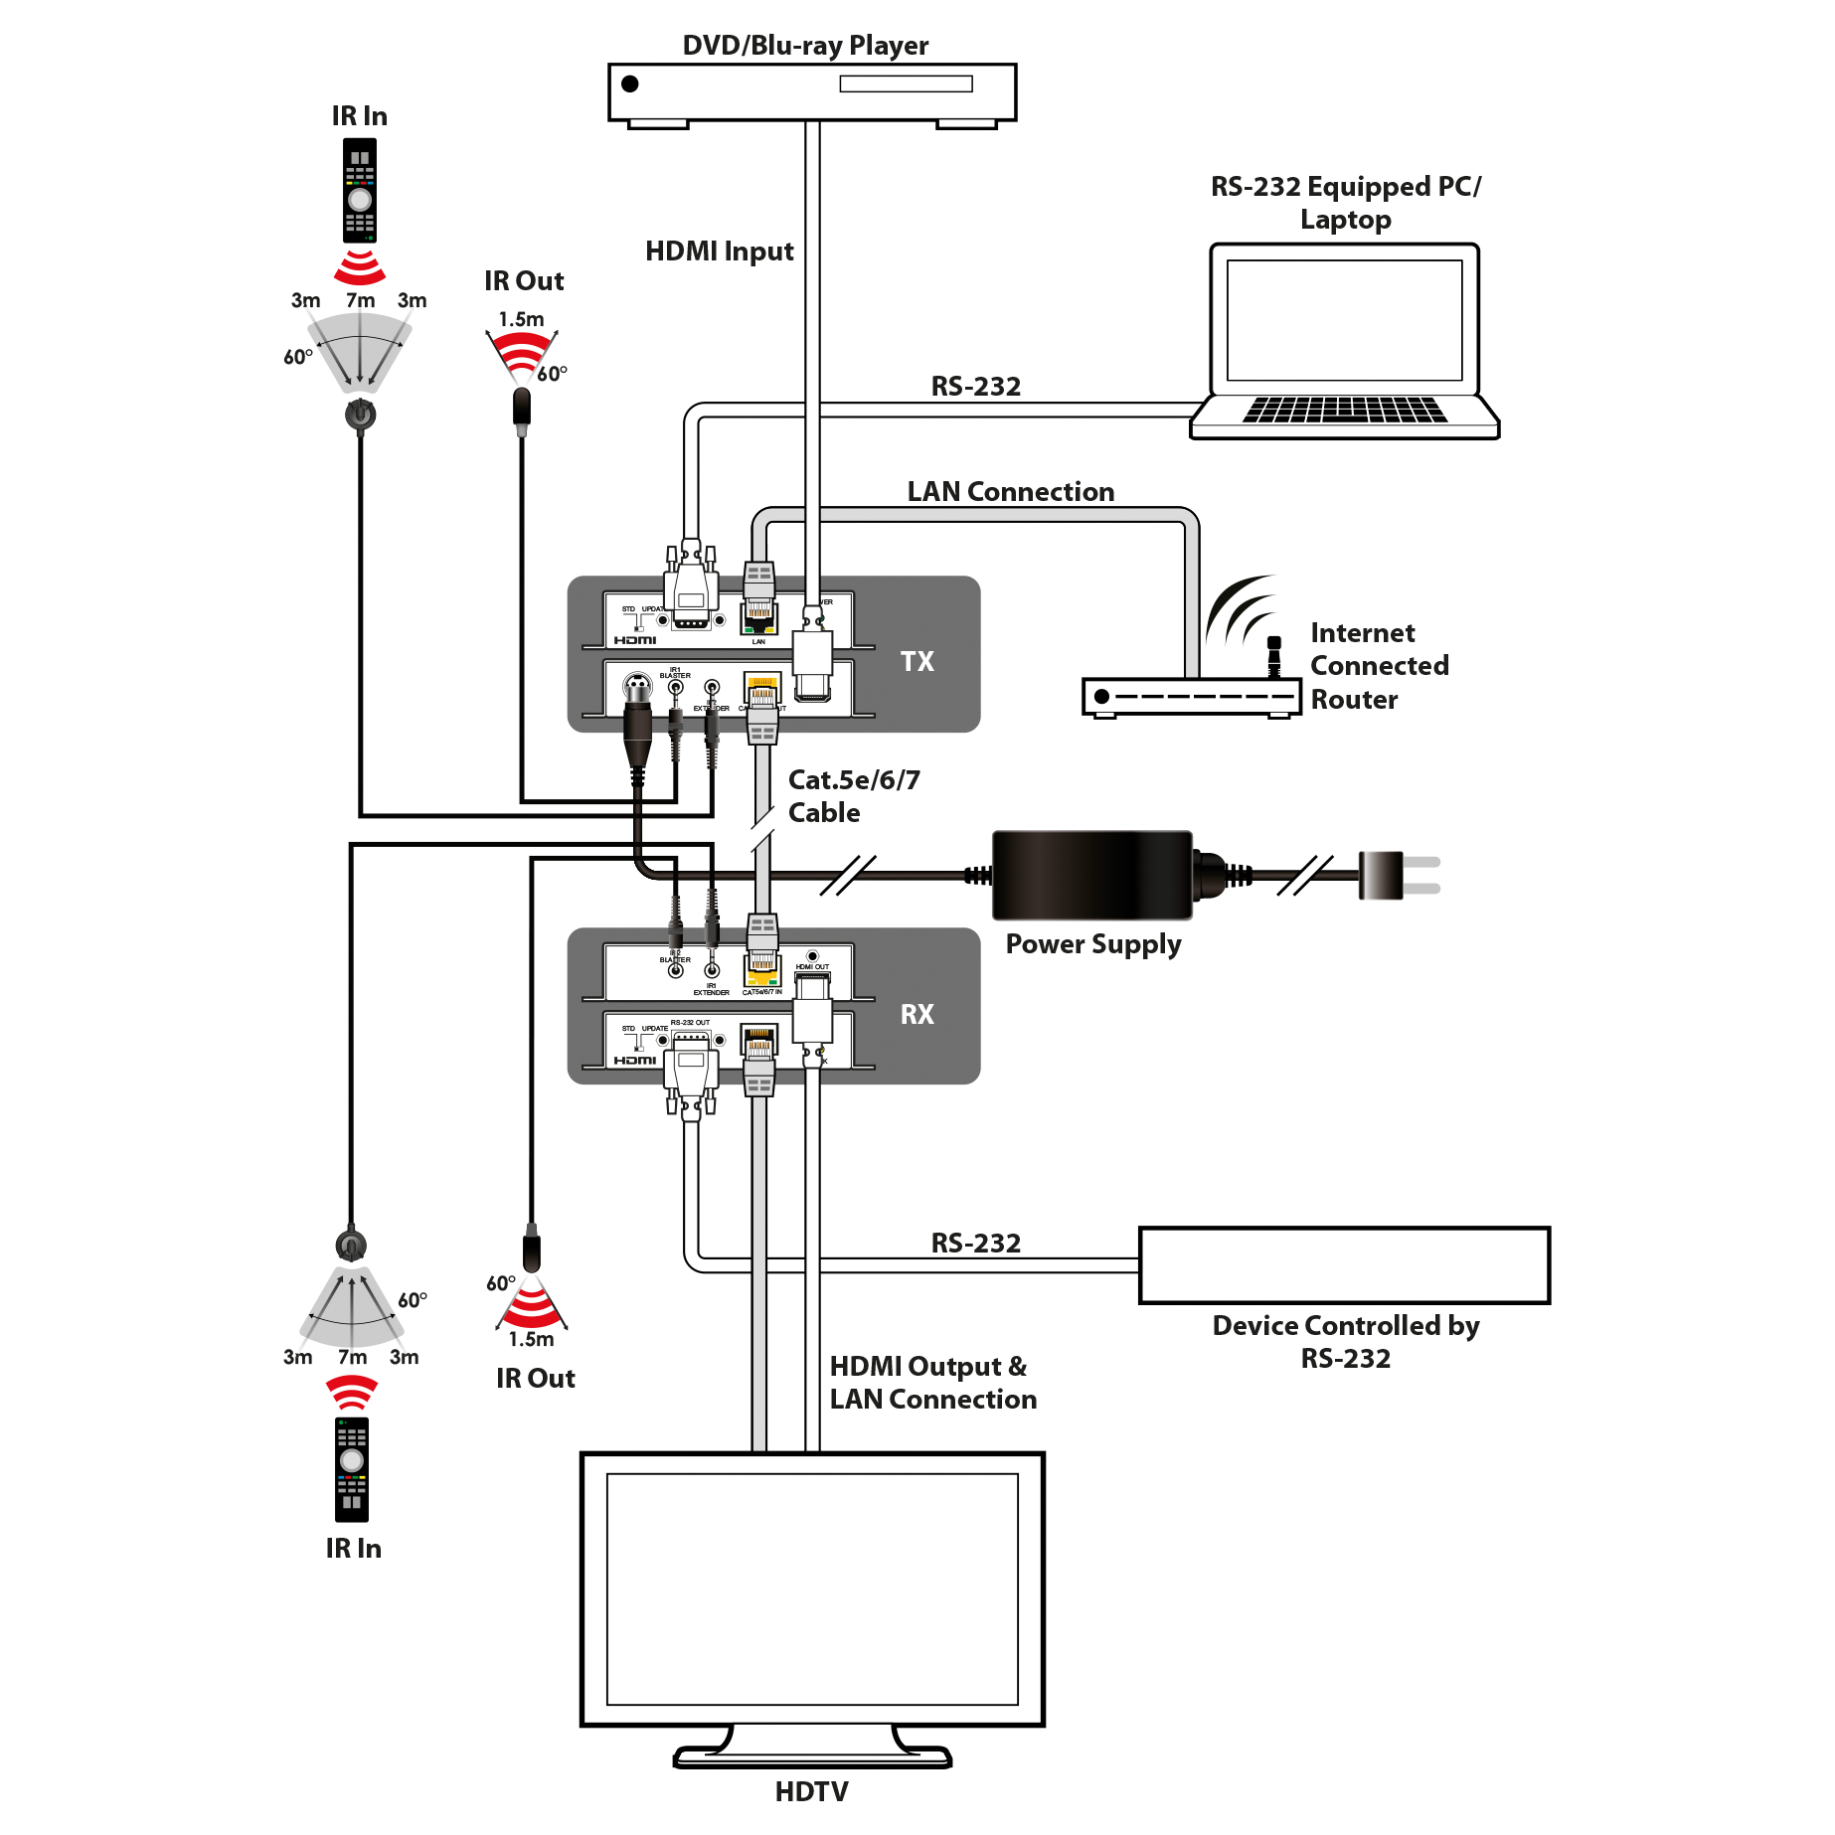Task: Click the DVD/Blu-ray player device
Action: coord(811,91)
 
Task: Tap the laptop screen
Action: coord(1344,320)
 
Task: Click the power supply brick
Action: coord(1091,875)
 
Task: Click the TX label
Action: coord(917,661)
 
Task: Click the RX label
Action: coord(917,1014)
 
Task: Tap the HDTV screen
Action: coord(811,1587)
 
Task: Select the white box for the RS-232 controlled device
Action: coord(1344,1264)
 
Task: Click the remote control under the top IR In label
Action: coord(360,193)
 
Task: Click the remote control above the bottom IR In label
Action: coord(351,1465)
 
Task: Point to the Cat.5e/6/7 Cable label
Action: coord(853,796)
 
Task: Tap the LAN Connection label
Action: coord(1010,491)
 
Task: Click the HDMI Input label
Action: coord(719,251)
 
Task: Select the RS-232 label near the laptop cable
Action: coord(975,387)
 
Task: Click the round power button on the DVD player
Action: coord(629,83)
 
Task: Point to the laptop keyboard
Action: coord(1344,409)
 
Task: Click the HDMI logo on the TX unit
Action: coord(634,640)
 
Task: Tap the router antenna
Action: coord(1273,655)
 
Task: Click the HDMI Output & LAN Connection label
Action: coord(932,1383)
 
